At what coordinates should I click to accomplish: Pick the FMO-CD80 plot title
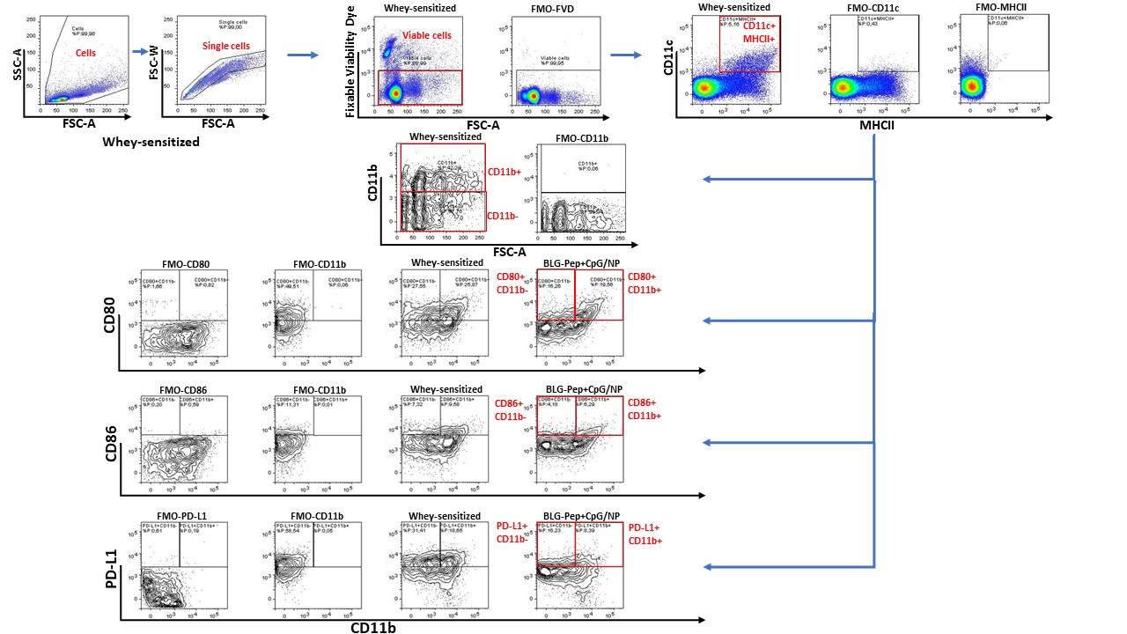pos(185,263)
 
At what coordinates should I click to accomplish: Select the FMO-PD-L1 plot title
pos(185,516)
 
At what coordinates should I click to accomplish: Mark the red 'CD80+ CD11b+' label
pos(644,284)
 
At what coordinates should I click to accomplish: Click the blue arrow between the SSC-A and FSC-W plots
pos(139,52)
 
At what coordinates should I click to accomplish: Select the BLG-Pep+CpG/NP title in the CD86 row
pos(582,389)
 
